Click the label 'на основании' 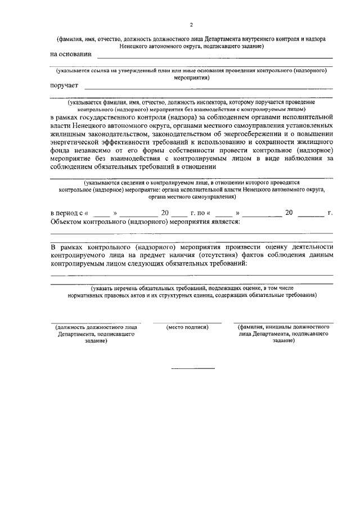pyautogui.click(x=71, y=55)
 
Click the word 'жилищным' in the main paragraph pyautogui.click(x=69, y=134)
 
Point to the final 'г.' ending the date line pyautogui.click(x=330, y=213)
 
